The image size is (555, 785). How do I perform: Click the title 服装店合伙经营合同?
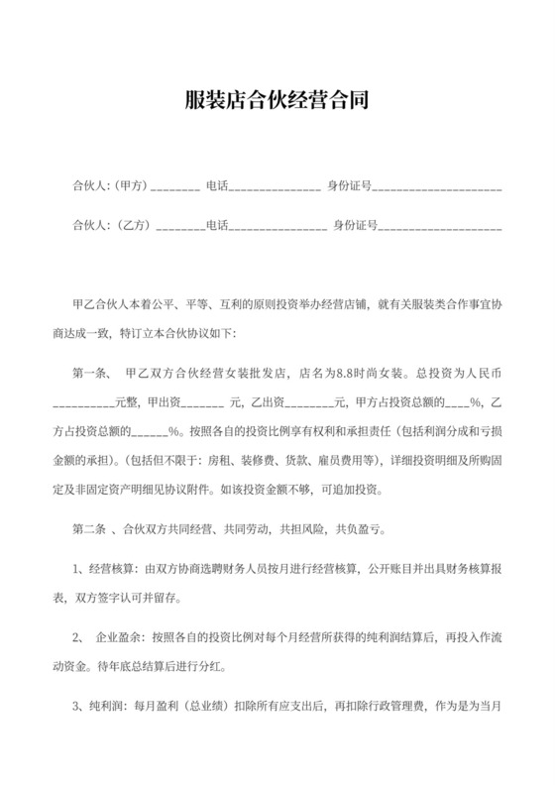277,100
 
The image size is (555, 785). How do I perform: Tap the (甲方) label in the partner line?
131,185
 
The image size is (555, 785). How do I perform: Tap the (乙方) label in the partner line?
132,226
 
